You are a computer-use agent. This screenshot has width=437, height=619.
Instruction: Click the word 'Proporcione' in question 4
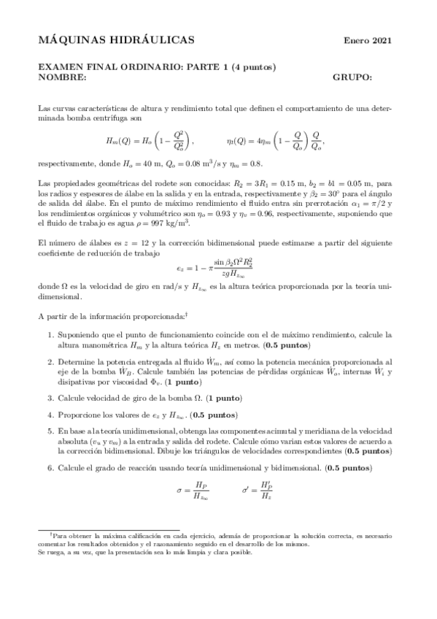[82, 414]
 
